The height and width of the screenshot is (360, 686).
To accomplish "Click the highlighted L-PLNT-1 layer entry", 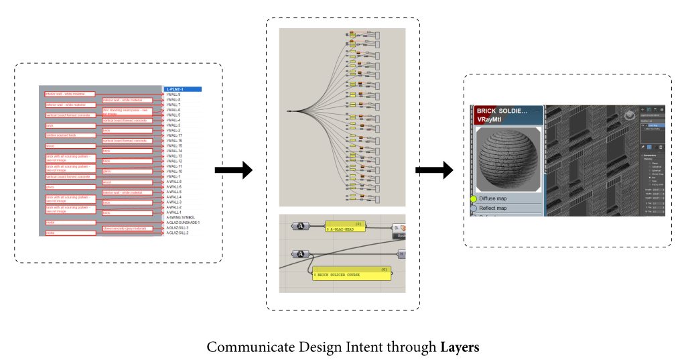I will point(182,89).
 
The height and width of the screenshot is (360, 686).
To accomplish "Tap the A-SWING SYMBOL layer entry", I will point(184,217).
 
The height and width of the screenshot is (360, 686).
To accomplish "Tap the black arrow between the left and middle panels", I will point(232,170).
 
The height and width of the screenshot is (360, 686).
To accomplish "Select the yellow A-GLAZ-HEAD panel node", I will point(346,226).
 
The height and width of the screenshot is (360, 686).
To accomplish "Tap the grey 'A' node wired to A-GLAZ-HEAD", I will point(301,225).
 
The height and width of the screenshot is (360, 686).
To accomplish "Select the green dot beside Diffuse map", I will point(474,198).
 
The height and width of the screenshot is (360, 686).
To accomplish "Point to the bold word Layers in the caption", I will point(460,347).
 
